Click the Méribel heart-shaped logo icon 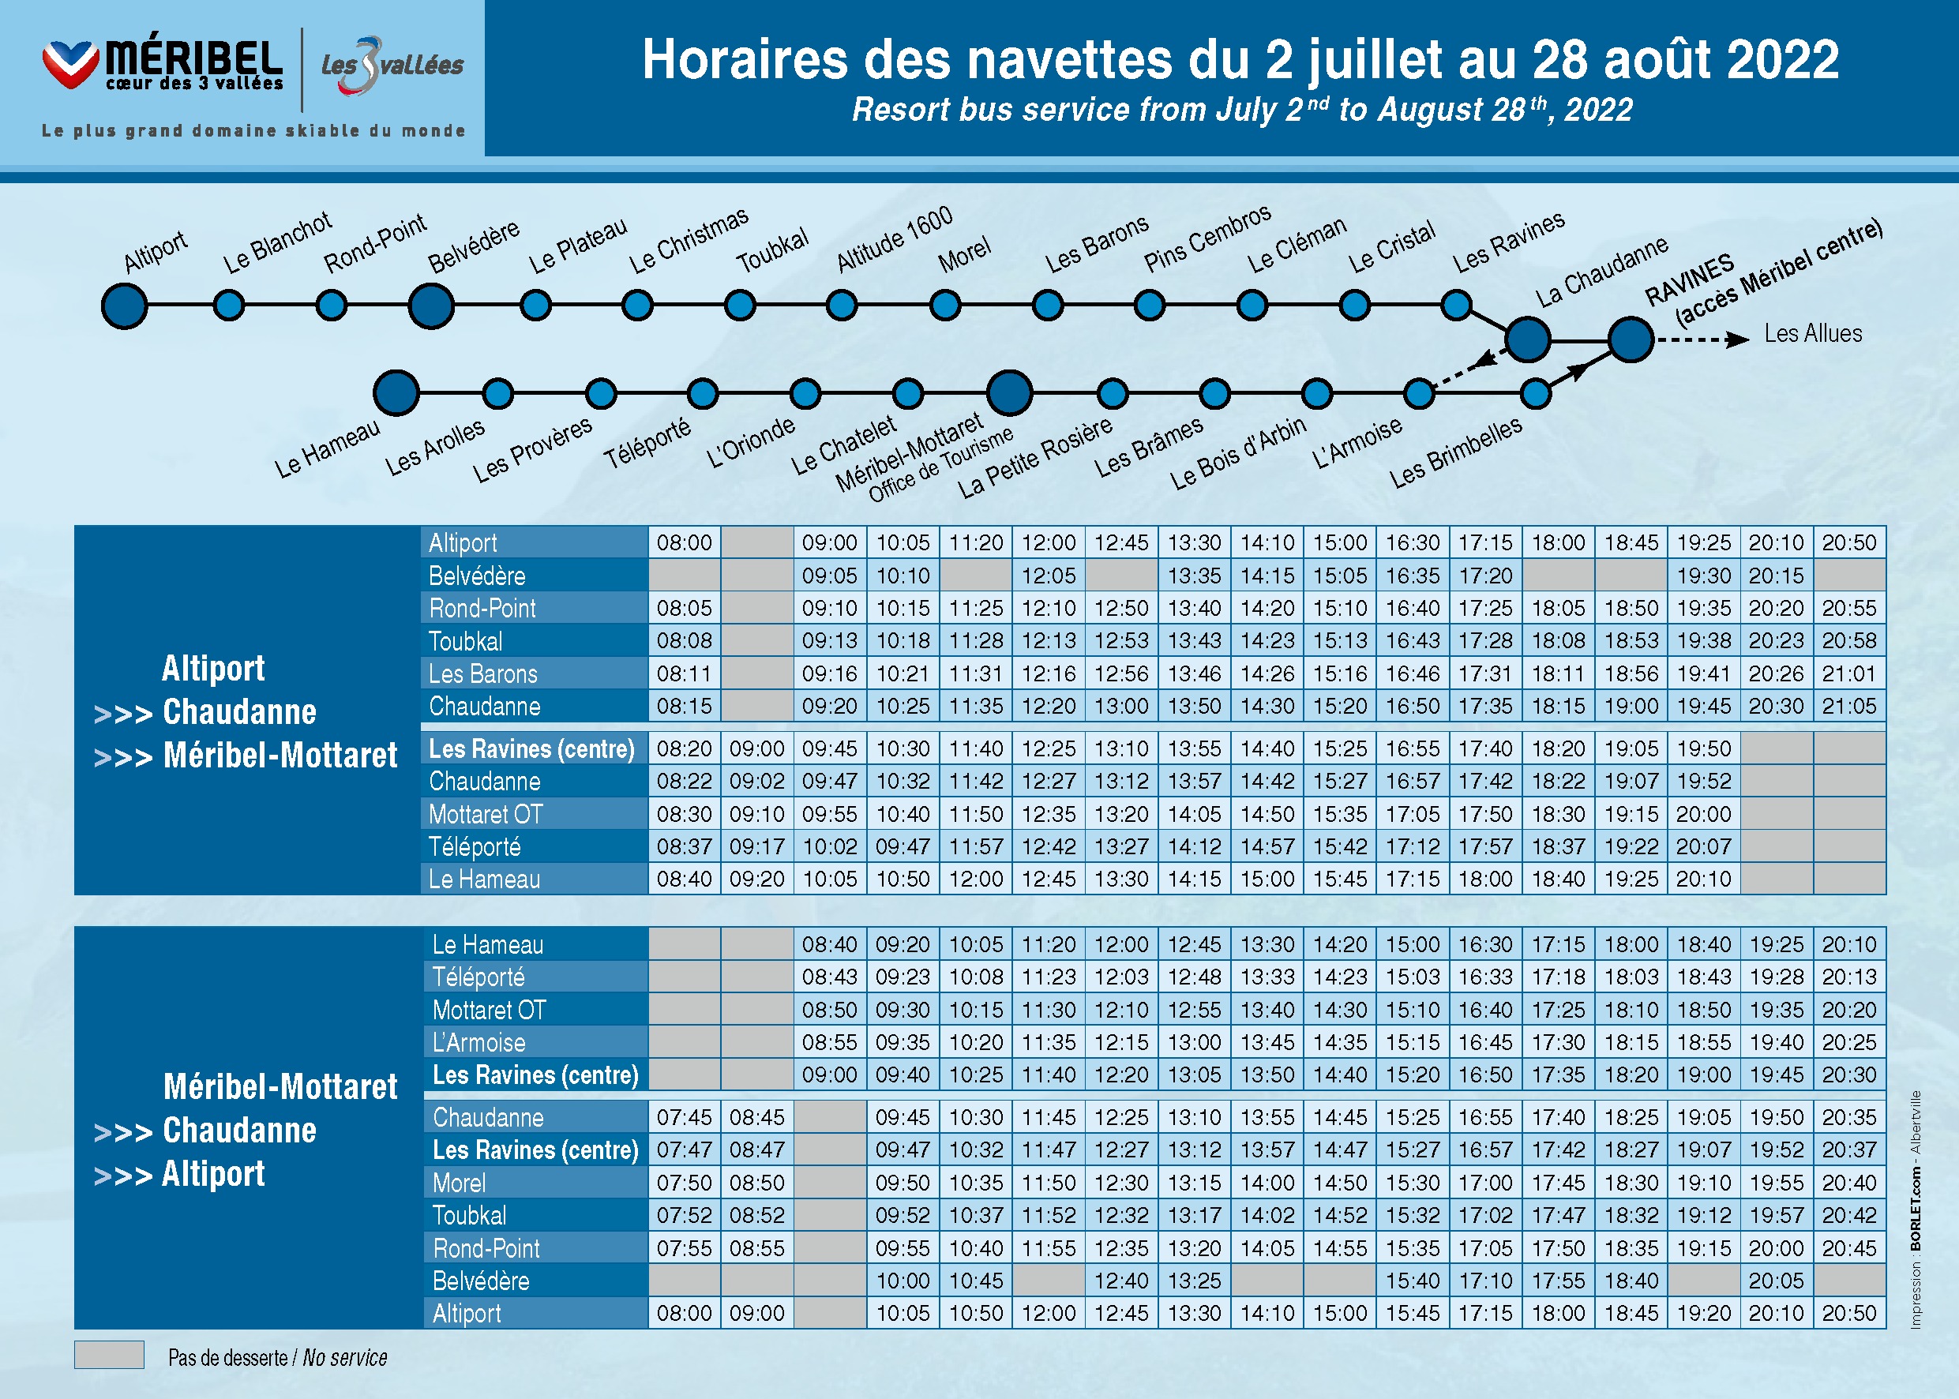[70, 63]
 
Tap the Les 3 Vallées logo [392, 66]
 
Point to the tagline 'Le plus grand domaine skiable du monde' [253, 131]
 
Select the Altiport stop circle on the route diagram [124, 306]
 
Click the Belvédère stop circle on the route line [431, 306]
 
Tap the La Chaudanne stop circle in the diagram [1527, 339]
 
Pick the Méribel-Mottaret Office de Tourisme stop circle [1010, 394]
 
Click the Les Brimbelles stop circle [1535, 394]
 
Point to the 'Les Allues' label [1813, 333]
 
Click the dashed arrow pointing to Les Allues [1702, 339]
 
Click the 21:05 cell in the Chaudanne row [1848, 707]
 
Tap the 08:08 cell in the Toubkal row [684, 641]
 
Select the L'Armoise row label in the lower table [479, 1042]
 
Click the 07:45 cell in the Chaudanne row [684, 1117]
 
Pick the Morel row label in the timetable [460, 1183]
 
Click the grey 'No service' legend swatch [110, 1354]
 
